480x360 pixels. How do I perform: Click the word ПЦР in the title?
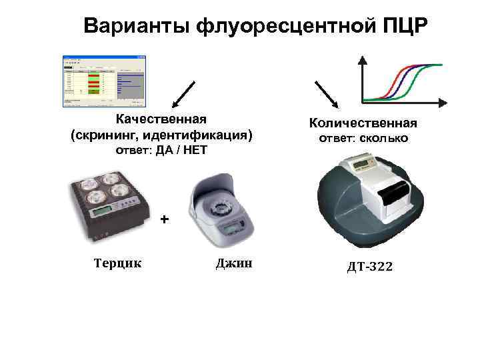407,26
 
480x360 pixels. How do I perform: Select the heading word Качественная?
161,119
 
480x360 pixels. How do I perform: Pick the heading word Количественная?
363,123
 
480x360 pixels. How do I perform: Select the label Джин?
234,263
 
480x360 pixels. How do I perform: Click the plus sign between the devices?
165,219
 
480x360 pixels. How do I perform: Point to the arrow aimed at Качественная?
183,94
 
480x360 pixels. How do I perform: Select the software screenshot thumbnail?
103,81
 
